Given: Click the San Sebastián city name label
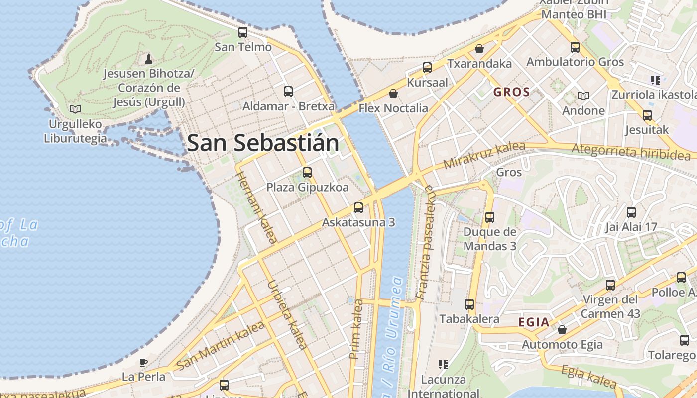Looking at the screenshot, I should pyautogui.click(x=263, y=143).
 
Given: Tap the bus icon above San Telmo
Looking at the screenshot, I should pyautogui.click(x=243, y=32).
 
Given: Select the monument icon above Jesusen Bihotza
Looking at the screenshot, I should pyautogui.click(x=148, y=59).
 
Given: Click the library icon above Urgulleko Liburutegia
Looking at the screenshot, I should pyautogui.click(x=75, y=108).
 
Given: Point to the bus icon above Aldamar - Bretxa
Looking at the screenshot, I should pyautogui.click(x=288, y=92).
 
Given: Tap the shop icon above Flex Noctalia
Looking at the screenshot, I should pyautogui.click(x=393, y=94).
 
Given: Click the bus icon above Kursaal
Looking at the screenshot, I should pyautogui.click(x=427, y=68).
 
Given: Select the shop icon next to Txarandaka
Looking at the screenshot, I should pyautogui.click(x=479, y=49).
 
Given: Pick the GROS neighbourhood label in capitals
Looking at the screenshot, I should pyautogui.click(x=511, y=92).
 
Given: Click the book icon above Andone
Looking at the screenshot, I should pyautogui.click(x=583, y=96).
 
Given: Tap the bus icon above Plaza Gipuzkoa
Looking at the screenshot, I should pyautogui.click(x=307, y=173).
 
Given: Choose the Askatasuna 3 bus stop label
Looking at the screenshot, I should pyautogui.click(x=358, y=222).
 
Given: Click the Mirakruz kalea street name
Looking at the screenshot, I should pyautogui.click(x=484, y=155).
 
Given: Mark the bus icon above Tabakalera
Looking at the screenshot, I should pyautogui.click(x=469, y=304).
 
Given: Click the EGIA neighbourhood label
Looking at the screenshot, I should pyautogui.click(x=534, y=322).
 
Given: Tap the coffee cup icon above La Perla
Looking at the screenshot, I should pyautogui.click(x=143, y=362).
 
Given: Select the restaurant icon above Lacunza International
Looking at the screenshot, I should pyautogui.click(x=443, y=365).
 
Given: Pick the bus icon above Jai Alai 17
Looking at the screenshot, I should pyautogui.click(x=631, y=212).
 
